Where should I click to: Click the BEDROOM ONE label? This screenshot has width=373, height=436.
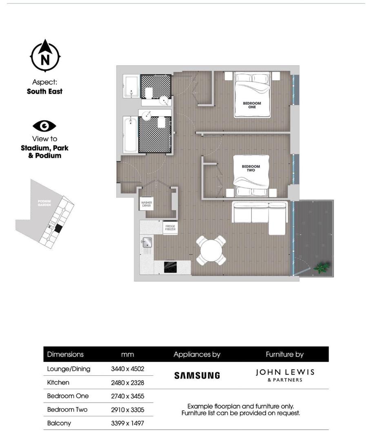(252, 105)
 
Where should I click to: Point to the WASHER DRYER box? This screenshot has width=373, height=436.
(147, 204)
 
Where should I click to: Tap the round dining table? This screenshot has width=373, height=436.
(211, 250)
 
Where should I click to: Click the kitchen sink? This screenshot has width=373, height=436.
(147, 242)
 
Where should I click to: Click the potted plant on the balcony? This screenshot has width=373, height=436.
(322, 268)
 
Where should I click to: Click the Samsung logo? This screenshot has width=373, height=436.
(197, 375)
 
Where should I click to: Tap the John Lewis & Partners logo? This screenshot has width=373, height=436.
(285, 375)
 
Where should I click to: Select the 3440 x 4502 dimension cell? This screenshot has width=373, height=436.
(127, 369)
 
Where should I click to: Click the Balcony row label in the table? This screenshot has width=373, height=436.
(59, 423)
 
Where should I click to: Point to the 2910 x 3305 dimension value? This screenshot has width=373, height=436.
(127, 410)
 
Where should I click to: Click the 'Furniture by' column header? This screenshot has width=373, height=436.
(284, 354)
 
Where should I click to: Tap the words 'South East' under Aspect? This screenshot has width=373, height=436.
(44, 92)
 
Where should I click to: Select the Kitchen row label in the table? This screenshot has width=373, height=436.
(58, 383)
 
